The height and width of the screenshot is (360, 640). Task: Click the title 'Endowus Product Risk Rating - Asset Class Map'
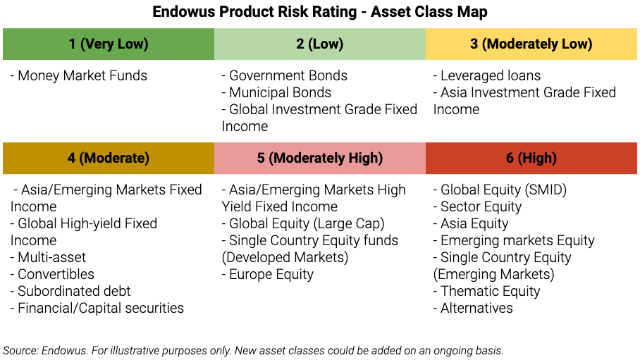320,12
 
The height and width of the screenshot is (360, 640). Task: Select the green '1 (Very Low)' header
109,44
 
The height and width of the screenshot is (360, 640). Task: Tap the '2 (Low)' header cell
319,44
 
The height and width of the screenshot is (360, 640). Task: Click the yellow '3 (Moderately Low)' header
531,44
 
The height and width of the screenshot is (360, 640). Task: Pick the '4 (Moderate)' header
109,158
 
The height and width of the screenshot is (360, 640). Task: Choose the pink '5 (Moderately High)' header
319,158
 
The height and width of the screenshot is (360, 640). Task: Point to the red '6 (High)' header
531,158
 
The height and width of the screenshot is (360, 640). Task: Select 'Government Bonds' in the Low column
288,75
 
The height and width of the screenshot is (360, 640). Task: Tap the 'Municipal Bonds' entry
280,92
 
